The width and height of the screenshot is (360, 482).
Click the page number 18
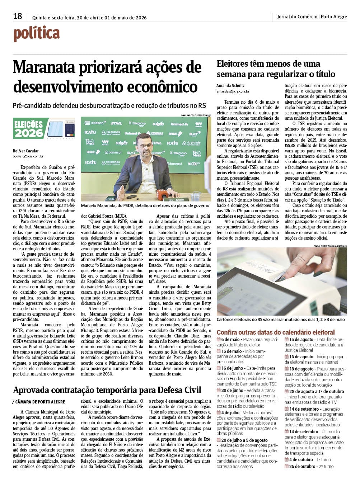coord(18,16)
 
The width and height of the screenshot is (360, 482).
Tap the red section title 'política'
coord(37,34)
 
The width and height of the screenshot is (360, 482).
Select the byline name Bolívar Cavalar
coord(26,151)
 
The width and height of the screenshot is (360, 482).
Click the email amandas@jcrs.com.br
coord(233,92)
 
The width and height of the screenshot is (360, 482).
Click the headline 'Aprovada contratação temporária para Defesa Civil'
coord(107,390)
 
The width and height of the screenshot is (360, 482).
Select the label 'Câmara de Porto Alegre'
coord(40,402)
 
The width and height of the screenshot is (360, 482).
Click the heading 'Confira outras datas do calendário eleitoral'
coord(276,332)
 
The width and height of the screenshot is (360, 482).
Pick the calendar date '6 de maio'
coord(230,339)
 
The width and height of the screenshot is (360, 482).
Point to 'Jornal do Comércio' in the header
coord(297,16)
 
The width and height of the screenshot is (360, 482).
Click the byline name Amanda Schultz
coord(230,86)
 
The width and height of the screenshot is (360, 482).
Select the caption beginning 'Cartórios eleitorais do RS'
coord(280,319)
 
